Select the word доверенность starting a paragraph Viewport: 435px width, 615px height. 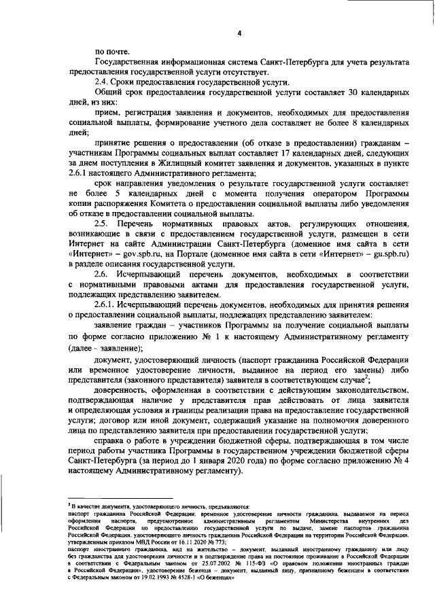coord(126,392)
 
